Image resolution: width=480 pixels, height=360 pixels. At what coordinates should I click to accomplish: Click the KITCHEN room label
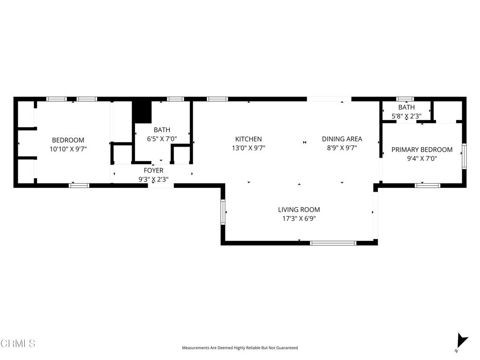point(248,139)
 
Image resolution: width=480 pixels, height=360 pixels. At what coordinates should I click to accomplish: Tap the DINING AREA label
point(342,139)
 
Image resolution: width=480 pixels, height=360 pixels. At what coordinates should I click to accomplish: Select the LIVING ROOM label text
point(299,210)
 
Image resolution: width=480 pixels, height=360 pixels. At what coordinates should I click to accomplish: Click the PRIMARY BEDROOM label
point(422,150)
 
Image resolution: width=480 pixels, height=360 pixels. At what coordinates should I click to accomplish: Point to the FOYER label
point(153,171)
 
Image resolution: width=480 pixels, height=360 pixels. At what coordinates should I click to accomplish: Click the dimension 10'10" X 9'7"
point(68,149)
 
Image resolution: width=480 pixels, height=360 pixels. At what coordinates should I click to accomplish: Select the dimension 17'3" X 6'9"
point(299,218)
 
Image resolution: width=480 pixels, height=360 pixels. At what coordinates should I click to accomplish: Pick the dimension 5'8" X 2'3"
point(406,116)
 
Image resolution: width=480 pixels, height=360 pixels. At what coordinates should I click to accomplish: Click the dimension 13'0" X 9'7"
point(248,148)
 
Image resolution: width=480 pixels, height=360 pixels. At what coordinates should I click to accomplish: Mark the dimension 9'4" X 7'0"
point(422,158)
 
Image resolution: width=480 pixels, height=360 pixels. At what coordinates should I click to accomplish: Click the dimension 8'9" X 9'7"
point(342,148)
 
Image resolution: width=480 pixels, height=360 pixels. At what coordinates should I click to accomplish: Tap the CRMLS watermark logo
point(18,344)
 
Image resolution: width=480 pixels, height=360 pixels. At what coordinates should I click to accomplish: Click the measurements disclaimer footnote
point(240,348)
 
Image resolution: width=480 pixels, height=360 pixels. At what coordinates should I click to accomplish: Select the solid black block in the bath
point(142,112)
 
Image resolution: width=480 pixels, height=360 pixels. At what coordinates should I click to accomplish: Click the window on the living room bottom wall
point(333,243)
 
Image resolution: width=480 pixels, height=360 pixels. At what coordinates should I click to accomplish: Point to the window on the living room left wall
point(223,212)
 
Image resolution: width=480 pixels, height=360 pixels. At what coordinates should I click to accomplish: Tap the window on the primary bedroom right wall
point(464,156)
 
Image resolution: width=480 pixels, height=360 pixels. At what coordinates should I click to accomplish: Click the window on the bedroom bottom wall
point(79,186)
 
